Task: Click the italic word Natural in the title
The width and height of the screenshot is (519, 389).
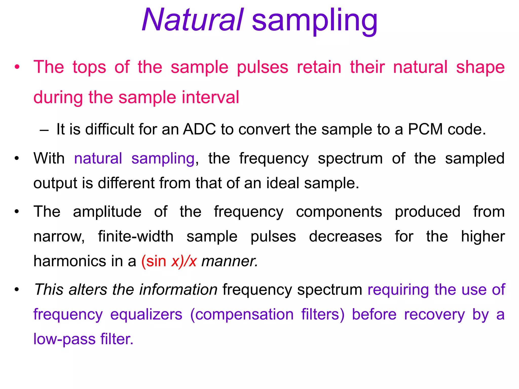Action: [x=193, y=20]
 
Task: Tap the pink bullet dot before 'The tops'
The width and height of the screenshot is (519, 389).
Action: [x=17, y=67]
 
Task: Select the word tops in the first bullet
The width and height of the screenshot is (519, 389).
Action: [x=89, y=67]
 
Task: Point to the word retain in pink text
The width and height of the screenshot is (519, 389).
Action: [x=319, y=67]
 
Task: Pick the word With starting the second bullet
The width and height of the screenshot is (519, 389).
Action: [x=49, y=159]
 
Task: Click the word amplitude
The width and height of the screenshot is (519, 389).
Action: [x=107, y=212]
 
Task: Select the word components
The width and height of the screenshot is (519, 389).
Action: [x=339, y=212]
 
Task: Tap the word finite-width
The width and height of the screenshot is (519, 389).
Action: [x=136, y=237]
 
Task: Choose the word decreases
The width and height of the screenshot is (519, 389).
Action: [x=345, y=237]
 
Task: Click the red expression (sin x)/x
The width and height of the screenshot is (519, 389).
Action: [x=169, y=261]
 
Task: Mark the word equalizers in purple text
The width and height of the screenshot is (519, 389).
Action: [x=146, y=315]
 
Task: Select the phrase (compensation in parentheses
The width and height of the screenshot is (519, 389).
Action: [x=242, y=315]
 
